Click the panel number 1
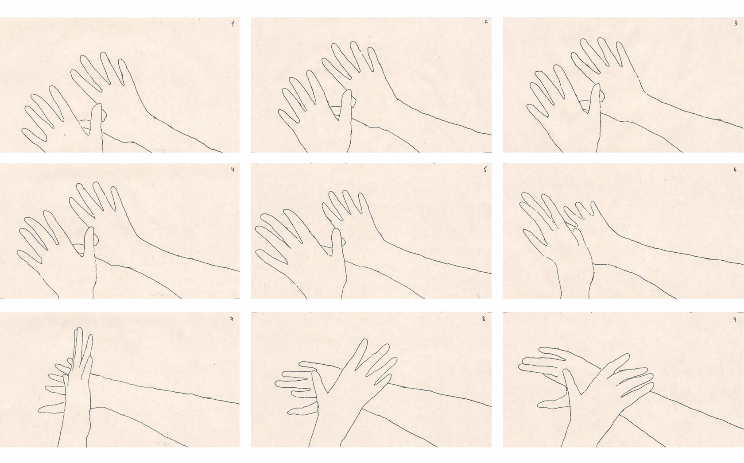click(233, 24)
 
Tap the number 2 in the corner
click(486, 22)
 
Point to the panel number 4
click(233, 170)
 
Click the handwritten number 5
click(485, 170)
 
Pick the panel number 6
click(735, 170)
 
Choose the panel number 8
click(484, 319)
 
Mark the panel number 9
click(735, 319)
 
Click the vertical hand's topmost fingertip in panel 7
click(79, 328)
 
